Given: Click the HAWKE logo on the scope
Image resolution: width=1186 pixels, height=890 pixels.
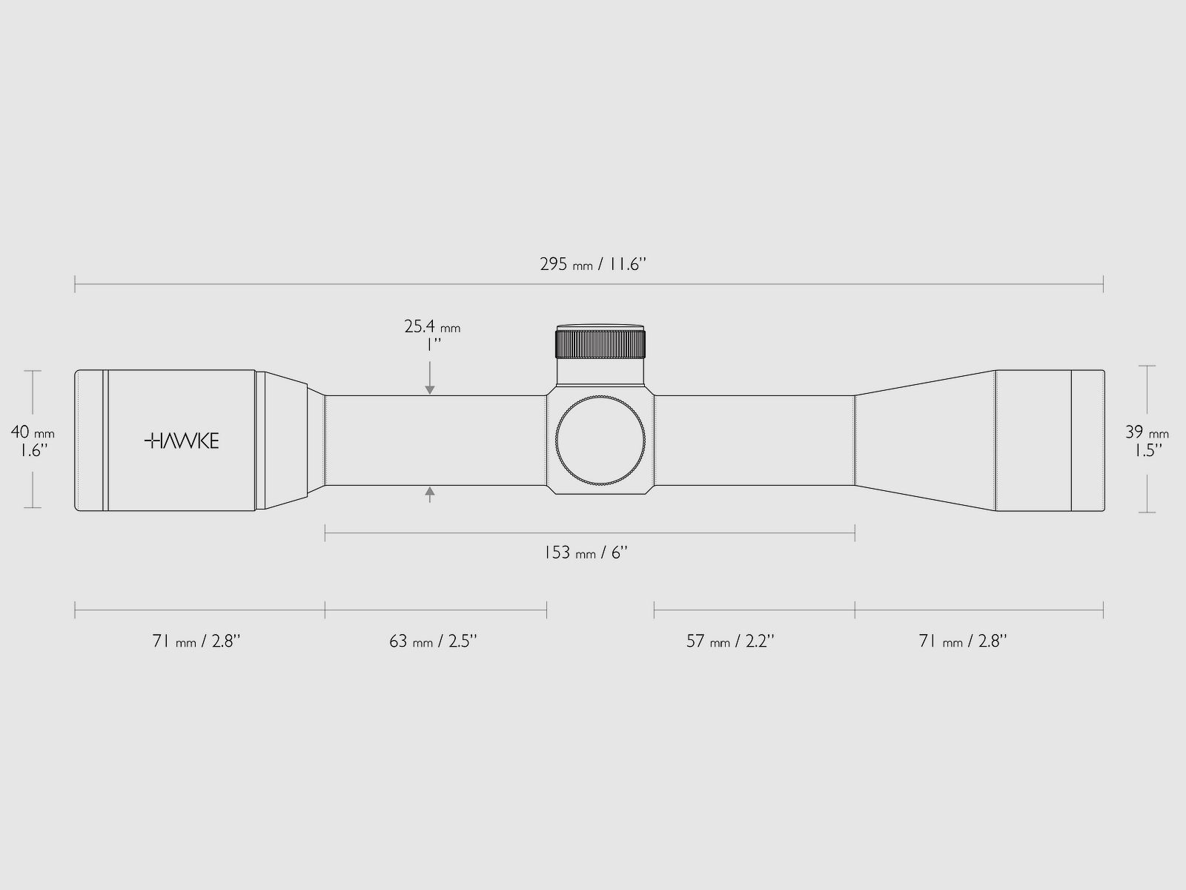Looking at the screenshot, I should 182,441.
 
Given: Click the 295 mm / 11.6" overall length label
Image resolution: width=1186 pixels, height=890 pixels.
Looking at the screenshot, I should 593,264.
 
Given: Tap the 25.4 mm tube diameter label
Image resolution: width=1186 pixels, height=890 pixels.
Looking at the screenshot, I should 432,333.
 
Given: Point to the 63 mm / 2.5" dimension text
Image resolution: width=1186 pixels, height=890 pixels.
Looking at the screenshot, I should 433,641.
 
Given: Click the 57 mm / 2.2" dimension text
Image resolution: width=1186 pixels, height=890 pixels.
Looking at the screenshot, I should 730,641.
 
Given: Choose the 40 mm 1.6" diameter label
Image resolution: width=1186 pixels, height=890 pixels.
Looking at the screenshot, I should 32,441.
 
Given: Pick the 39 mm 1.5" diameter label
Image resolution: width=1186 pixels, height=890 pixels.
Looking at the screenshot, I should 1147,441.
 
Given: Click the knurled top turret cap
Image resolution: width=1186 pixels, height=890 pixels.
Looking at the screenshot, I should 600,344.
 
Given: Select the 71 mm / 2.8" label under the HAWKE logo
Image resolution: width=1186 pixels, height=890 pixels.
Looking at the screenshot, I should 196,641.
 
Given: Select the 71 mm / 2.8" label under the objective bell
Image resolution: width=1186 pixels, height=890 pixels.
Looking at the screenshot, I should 963,641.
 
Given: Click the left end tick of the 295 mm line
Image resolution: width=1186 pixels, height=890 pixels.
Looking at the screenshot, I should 75,283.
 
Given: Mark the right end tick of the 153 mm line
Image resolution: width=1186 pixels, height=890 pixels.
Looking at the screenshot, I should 855,532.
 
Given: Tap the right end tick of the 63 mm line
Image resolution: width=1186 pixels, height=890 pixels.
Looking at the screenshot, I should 547,610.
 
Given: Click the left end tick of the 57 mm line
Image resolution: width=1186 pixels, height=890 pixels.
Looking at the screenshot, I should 654,610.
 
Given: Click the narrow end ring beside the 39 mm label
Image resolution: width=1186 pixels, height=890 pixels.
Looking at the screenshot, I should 1087,441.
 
